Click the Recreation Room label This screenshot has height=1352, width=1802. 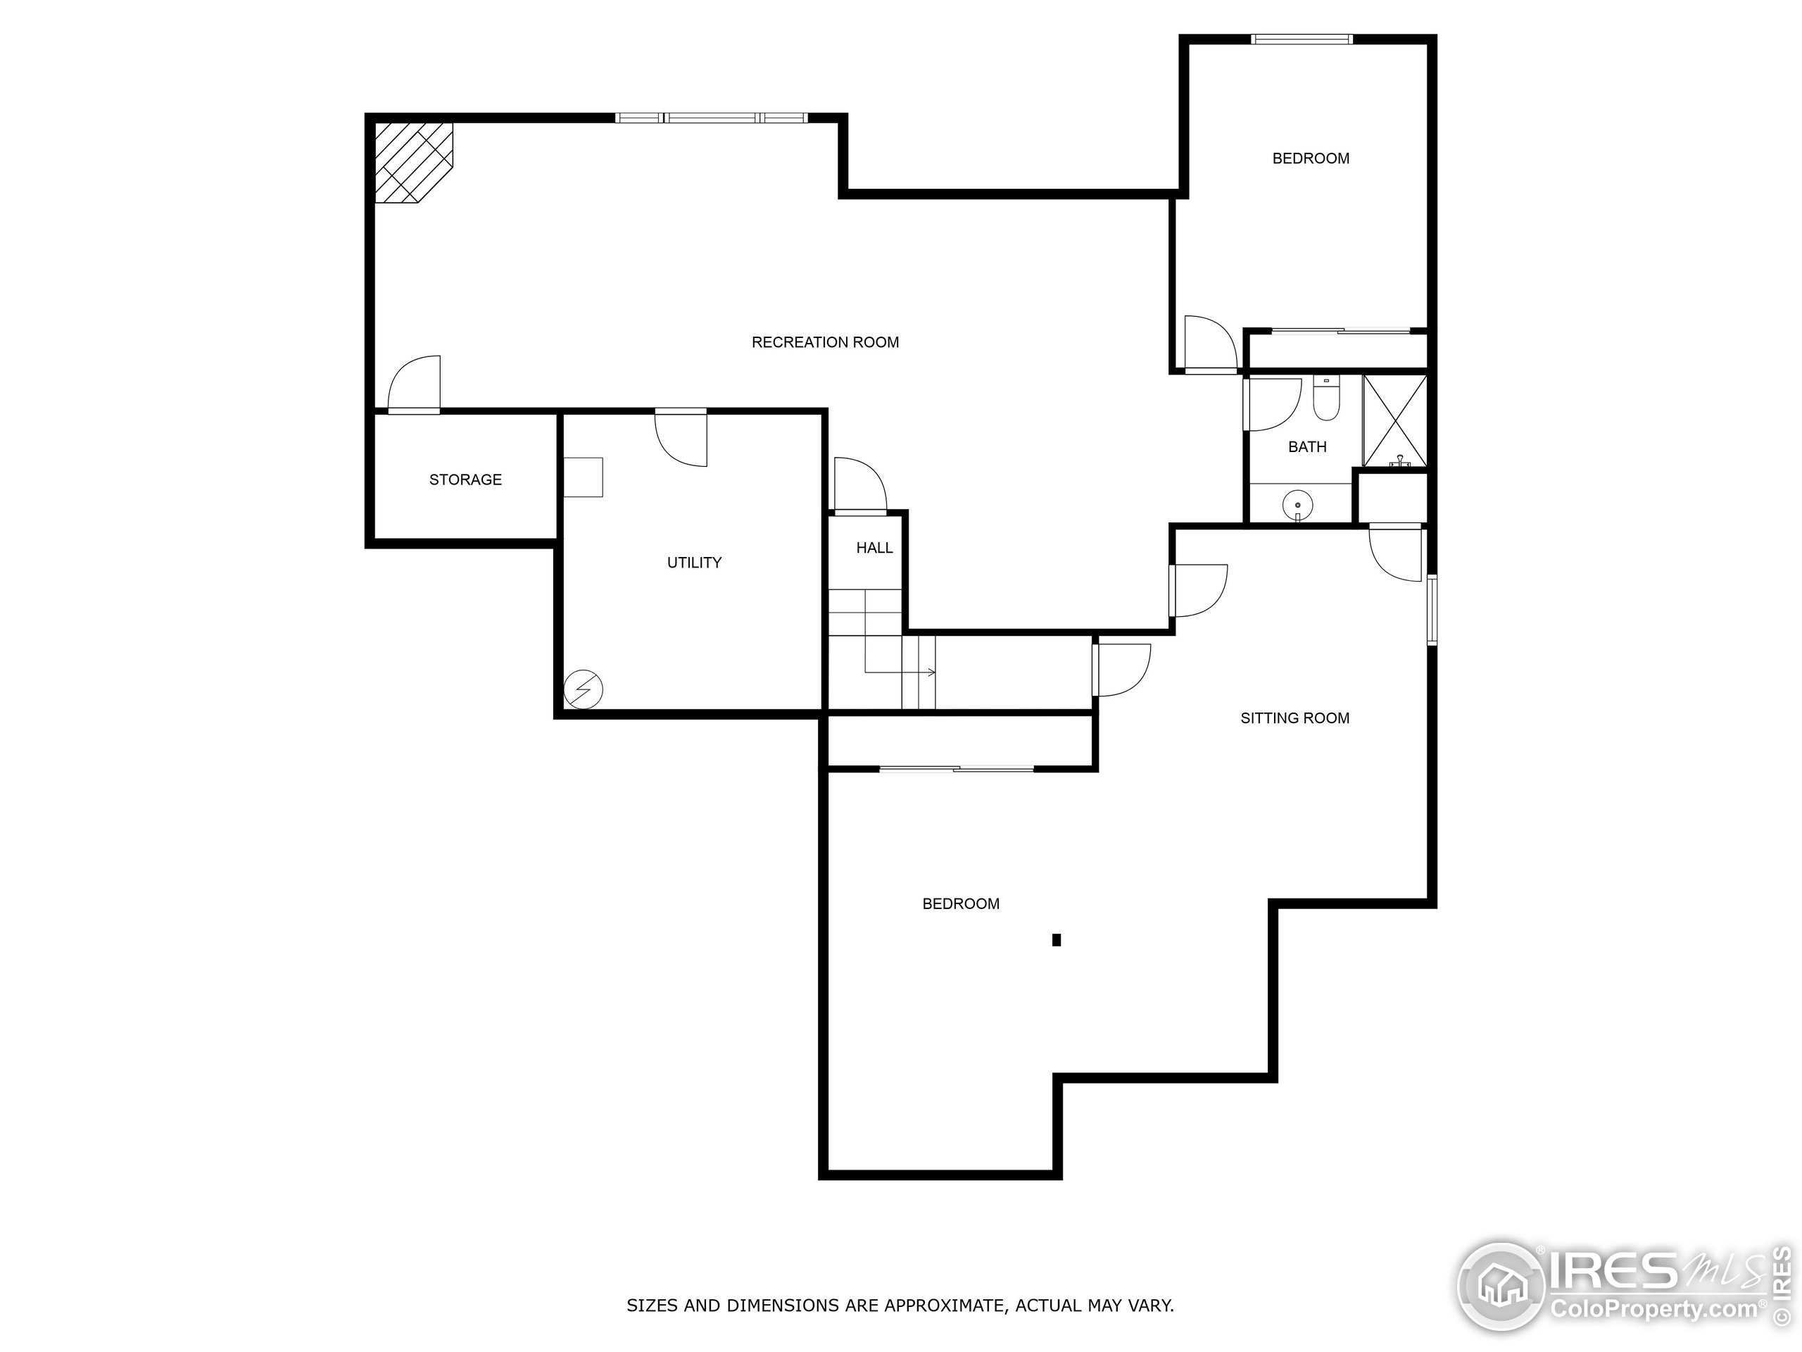pyautogui.click(x=824, y=342)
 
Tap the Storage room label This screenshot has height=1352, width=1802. pyautogui.click(x=465, y=480)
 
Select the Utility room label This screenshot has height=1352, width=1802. pyautogui.click(x=694, y=563)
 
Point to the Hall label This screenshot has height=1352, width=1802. pyautogui.click(x=874, y=548)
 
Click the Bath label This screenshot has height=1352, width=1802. pyautogui.click(x=1306, y=446)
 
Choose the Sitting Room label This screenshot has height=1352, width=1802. pyautogui.click(x=1294, y=718)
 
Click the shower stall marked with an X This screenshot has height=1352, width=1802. pyautogui.click(x=1394, y=420)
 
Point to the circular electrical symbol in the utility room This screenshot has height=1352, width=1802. pyautogui.click(x=584, y=689)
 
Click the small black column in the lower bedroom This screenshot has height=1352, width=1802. pyautogui.click(x=1057, y=939)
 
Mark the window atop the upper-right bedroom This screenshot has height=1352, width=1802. pyautogui.click(x=1302, y=39)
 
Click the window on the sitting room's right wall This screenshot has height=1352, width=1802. pyautogui.click(x=1431, y=610)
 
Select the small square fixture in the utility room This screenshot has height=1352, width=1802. pyautogui.click(x=584, y=477)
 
